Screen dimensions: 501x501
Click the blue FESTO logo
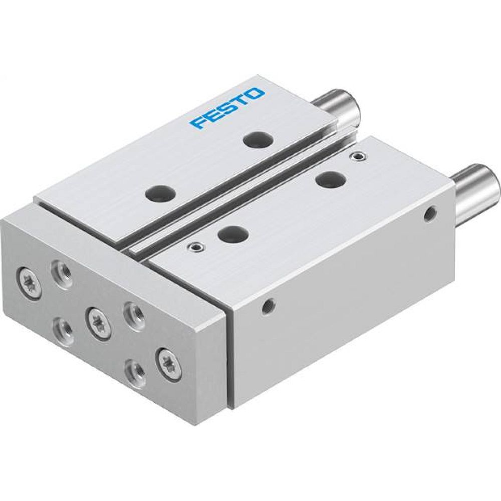[226, 108]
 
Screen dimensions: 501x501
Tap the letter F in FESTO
[196, 123]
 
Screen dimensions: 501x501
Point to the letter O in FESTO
[255, 94]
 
